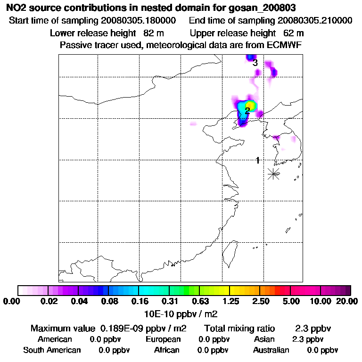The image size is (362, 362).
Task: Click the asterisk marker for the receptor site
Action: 273,173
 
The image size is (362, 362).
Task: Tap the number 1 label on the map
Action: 257,160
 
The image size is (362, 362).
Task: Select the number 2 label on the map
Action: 247,111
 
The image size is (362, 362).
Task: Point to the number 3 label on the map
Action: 255,63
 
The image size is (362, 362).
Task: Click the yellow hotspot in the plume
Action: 250,105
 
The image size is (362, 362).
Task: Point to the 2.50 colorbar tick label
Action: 261,301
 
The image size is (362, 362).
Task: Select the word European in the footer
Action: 163,339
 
